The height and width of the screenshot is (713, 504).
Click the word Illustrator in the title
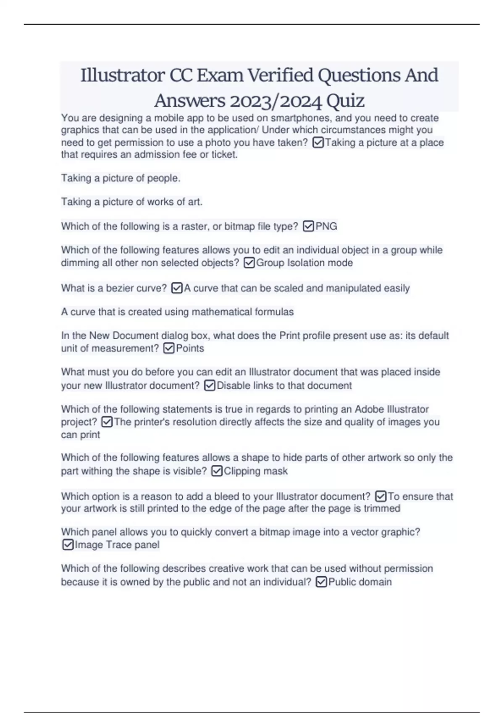(x=123, y=75)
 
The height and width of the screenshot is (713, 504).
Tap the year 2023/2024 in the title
(x=274, y=101)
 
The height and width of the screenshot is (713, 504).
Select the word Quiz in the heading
(x=345, y=101)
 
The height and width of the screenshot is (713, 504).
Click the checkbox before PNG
(x=308, y=226)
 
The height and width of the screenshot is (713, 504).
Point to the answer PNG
(x=326, y=226)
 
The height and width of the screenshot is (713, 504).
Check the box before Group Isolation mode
(x=249, y=263)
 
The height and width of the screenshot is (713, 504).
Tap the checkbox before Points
(x=169, y=348)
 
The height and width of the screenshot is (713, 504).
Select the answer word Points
(x=190, y=348)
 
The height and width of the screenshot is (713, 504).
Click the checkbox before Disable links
(x=210, y=385)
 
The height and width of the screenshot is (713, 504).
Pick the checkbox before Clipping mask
(x=217, y=471)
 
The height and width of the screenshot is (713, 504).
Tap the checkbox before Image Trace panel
(x=68, y=545)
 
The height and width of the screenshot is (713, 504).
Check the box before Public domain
(x=321, y=582)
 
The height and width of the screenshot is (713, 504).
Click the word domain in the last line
(x=376, y=582)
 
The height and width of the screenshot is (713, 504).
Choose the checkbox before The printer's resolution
(x=107, y=422)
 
